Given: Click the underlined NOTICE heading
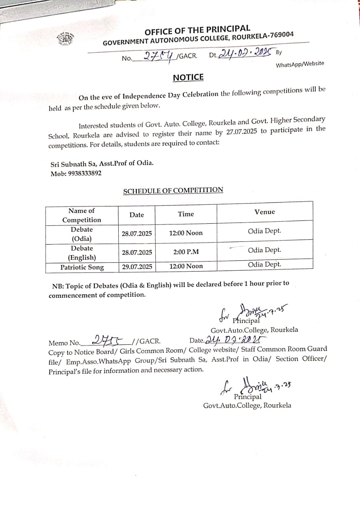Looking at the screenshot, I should (x=188, y=77).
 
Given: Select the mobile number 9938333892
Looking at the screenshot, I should (x=76, y=173).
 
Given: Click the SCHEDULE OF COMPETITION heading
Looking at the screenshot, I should (x=173, y=191).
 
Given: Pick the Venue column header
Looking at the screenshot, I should (x=265, y=212).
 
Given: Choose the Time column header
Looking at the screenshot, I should (x=186, y=214).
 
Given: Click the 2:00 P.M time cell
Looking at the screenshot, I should (x=185, y=251).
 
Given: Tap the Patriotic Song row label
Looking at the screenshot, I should (x=82, y=267).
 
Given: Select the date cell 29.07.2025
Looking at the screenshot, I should (x=137, y=267).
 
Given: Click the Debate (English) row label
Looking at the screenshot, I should (x=82, y=253).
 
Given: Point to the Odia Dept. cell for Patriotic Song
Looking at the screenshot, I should (x=265, y=264).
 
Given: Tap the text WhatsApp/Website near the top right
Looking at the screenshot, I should (x=300, y=64).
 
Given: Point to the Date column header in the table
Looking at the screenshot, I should (x=136, y=215).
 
